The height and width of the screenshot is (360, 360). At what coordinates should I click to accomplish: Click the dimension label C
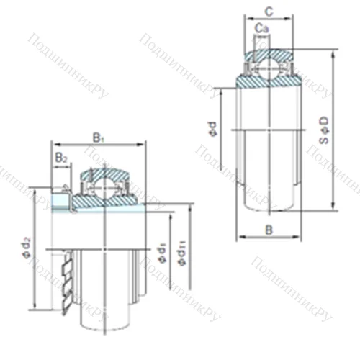269,11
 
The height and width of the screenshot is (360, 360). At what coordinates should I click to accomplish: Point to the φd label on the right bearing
212,129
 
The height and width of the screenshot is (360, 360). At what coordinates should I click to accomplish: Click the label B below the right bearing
268,230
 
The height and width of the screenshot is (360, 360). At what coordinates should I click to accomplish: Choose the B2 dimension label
61,157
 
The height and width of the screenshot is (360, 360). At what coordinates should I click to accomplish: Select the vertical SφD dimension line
335,130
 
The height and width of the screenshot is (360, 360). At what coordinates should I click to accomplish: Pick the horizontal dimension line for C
269,19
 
